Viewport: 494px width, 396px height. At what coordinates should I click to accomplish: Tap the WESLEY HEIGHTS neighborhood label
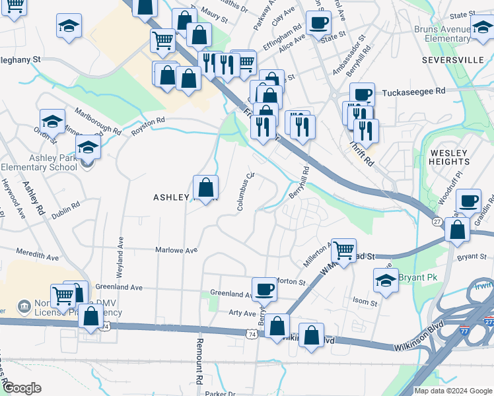(449, 158)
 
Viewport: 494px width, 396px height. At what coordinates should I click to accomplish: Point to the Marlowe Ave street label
(176, 251)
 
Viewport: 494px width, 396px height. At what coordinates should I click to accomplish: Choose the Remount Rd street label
(198, 361)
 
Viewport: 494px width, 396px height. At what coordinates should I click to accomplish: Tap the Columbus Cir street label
(244, 192)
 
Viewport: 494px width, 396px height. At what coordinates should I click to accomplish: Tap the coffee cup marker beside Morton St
(264, 288)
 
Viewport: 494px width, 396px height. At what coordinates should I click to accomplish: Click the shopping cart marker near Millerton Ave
(343, 250)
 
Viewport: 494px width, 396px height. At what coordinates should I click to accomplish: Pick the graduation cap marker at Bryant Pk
(386, 280)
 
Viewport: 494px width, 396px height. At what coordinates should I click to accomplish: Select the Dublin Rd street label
(66, 205)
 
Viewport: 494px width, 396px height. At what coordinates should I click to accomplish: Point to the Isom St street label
(365, 303)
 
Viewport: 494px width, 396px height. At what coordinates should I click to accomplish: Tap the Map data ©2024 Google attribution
(453, 391)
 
